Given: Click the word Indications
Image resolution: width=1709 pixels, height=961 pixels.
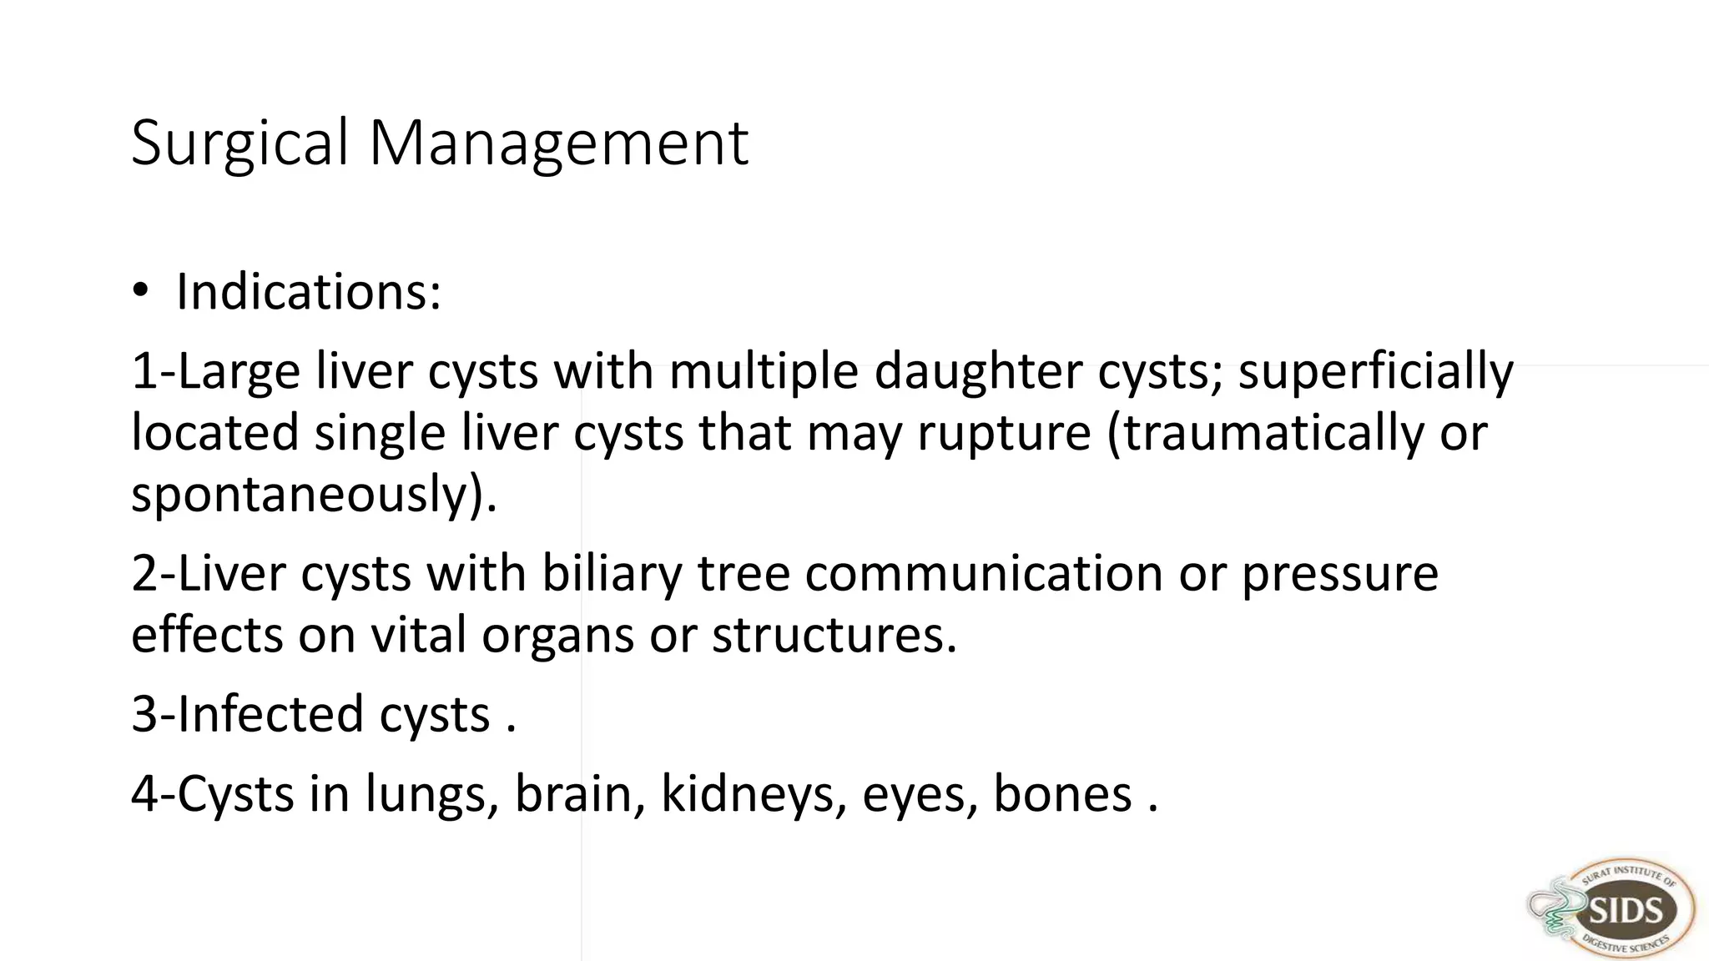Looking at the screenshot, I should point(308,292).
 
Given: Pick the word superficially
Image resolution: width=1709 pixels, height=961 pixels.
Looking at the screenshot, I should point(1374,372).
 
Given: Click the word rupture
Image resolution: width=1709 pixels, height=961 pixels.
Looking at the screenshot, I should point(1004,434).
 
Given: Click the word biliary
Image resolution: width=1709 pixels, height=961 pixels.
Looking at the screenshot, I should point(612,574).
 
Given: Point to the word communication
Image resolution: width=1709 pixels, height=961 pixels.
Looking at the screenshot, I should point(983,574).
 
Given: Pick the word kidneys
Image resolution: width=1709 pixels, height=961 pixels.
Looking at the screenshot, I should point(748,794).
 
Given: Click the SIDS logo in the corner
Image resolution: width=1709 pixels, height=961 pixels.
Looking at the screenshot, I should point(1612,910).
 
